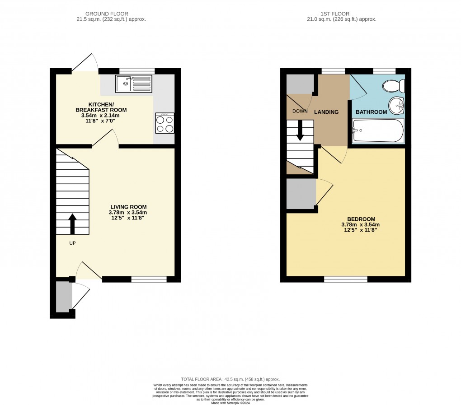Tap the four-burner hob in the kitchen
165,123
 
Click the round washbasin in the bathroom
397,106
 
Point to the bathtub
377,130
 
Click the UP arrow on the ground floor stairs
72,223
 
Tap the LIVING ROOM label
128,207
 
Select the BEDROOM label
360,219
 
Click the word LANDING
326,112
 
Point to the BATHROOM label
372,112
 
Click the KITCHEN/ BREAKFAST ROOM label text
101,107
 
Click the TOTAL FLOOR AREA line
230,379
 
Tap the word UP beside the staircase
72,243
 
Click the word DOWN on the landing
300,111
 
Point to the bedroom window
345,279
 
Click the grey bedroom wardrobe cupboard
301,194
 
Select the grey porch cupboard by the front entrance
64,296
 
